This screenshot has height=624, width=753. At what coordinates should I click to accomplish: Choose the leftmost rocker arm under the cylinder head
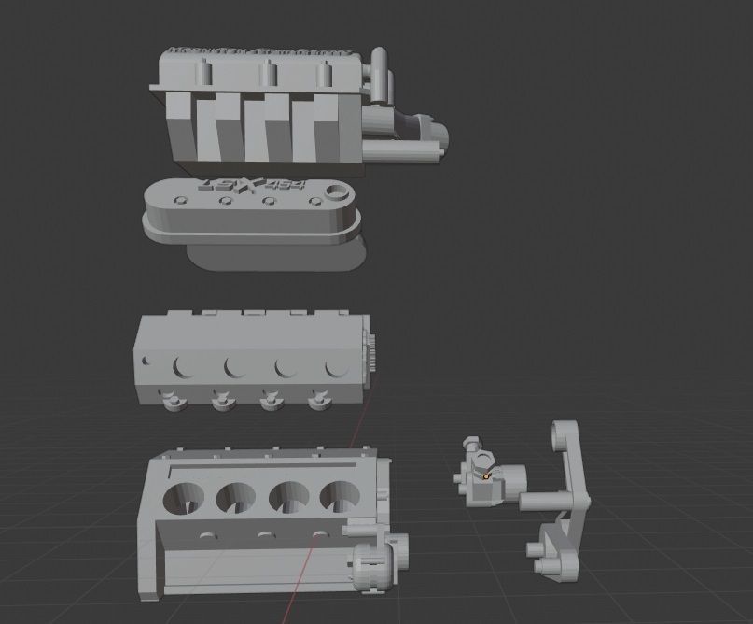pyautogui.click(x=174, y=402)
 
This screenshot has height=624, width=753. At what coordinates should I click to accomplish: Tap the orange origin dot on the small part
pyautogui.click(x=486, y=476)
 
